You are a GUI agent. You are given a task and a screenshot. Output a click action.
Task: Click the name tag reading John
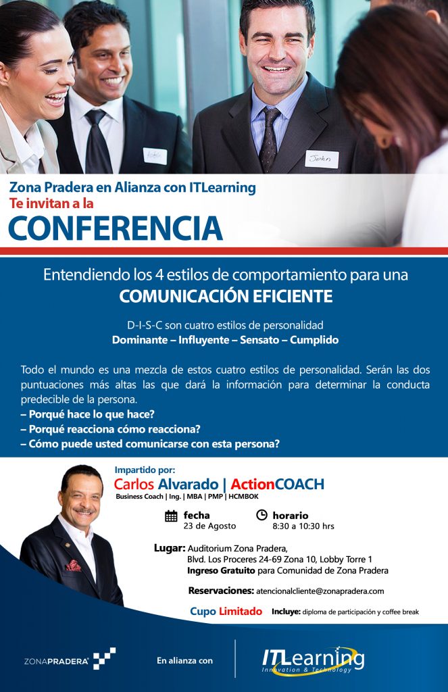coord(322,159)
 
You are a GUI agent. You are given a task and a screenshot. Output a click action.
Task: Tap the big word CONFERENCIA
coord(115,228)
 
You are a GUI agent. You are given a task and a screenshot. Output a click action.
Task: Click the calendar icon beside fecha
coord(171,516)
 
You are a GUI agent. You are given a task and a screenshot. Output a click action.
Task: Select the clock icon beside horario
coord(262,514)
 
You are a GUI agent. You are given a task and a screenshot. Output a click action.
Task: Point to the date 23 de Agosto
coord(209,526)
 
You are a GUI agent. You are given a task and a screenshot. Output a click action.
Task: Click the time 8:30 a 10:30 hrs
coord(303,526)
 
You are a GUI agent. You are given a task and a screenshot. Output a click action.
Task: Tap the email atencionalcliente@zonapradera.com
coord(320,591)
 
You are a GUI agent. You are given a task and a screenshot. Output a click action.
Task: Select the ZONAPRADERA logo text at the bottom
coord(56,661)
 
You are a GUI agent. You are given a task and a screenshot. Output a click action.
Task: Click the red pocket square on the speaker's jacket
coord(74,566)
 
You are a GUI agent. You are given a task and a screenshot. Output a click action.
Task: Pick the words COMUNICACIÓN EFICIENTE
coord(226,296)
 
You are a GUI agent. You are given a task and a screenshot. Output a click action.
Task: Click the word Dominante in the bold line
coord(139,340)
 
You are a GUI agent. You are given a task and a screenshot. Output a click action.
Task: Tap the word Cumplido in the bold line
coord(314,340)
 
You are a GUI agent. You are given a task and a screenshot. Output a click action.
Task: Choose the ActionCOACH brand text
coord(277,484)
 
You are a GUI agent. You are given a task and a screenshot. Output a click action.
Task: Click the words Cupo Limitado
coord(226,611)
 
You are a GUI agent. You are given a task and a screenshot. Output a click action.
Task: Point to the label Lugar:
coord(170,549)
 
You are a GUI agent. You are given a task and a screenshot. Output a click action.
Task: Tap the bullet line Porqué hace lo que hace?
coord(87,414)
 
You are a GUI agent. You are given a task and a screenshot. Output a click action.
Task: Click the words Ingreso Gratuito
coord(221,570)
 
